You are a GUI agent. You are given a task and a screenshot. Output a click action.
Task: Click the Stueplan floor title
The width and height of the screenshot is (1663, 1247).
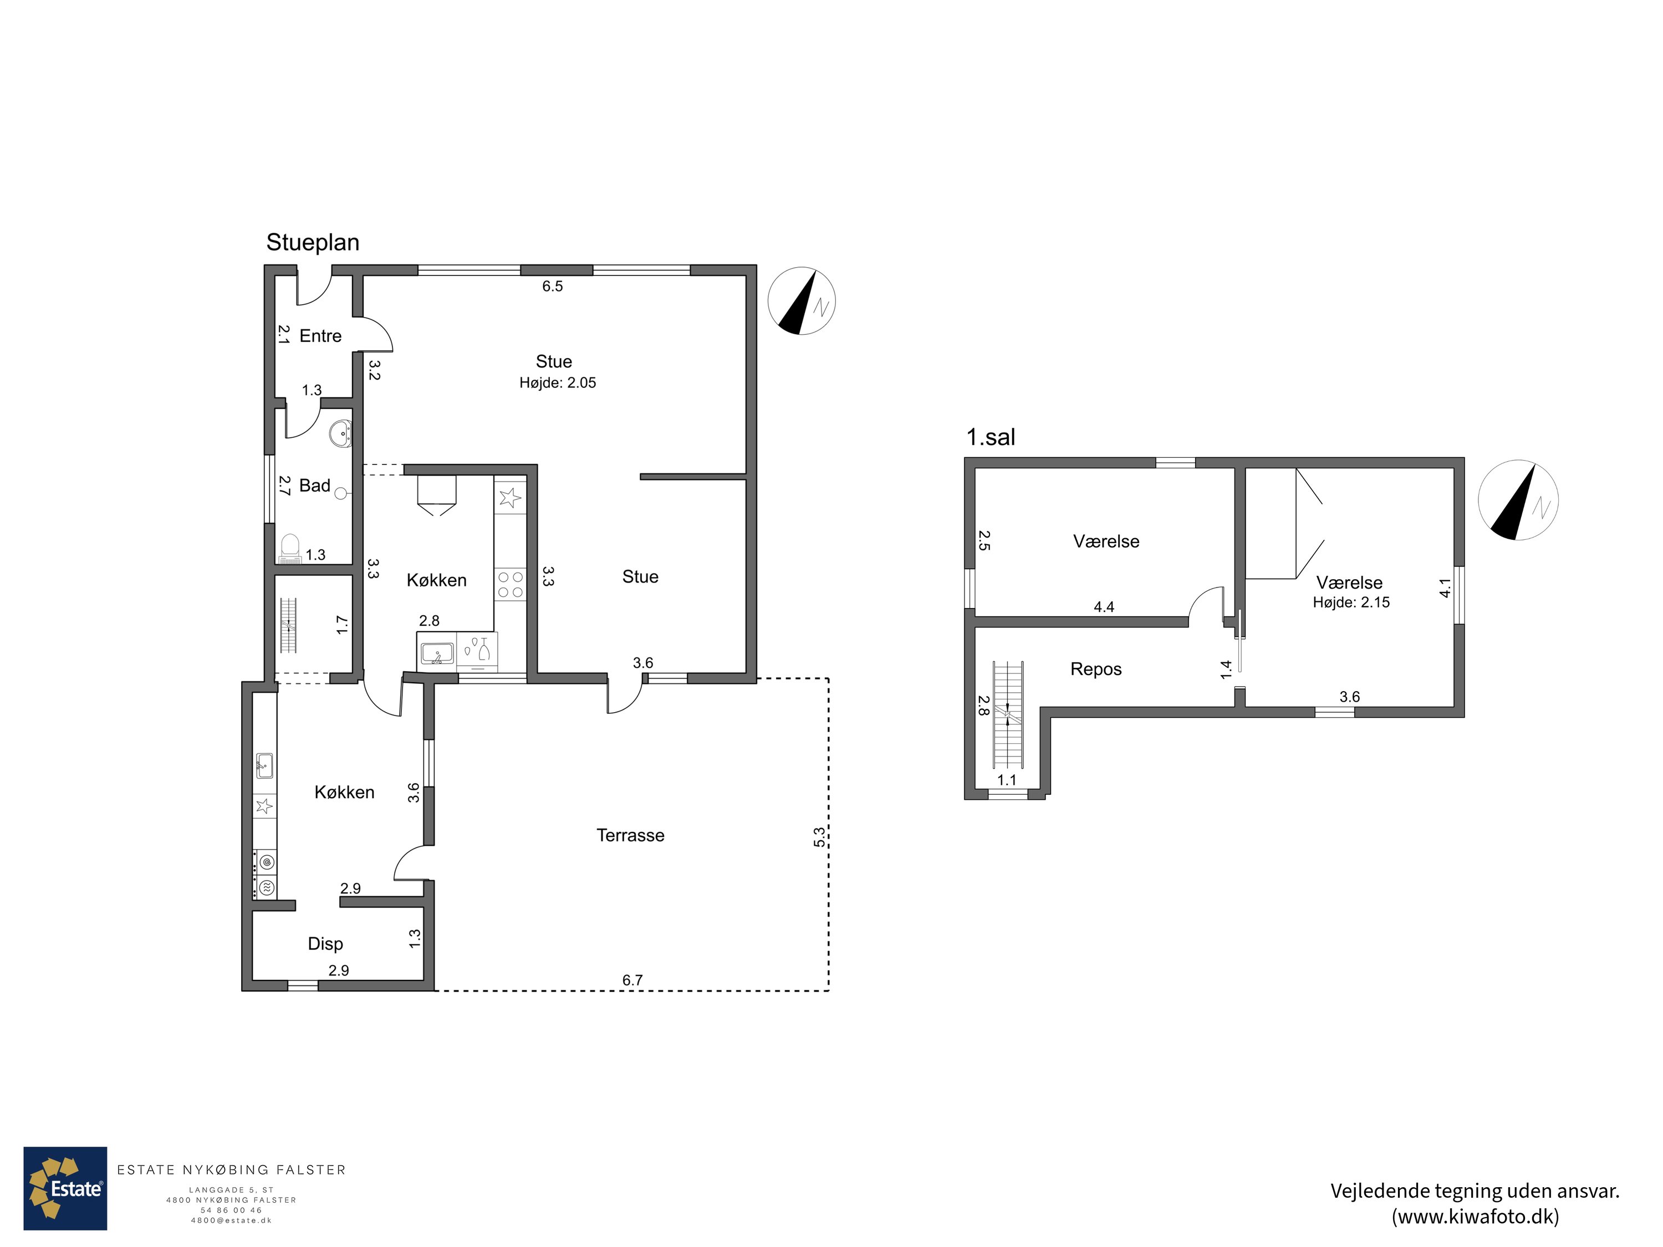(313, 243)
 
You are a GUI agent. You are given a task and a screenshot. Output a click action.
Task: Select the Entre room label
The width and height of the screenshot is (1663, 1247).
(320, 336)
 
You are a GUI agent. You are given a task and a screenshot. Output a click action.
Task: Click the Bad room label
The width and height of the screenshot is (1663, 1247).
(314, 485)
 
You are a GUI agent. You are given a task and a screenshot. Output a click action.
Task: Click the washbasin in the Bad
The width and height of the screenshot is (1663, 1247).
(342, 434)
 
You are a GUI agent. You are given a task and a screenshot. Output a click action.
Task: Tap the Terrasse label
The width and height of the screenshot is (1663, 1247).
(630, 835)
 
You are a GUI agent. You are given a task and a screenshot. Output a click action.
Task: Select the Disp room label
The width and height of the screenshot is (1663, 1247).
(325, 944)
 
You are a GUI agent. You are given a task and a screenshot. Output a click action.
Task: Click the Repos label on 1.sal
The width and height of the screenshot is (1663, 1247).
(1095, 669)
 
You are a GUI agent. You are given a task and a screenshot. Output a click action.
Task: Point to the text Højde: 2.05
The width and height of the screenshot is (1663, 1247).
(557, 382)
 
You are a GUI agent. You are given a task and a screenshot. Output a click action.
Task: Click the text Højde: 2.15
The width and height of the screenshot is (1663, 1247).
(1351, 602)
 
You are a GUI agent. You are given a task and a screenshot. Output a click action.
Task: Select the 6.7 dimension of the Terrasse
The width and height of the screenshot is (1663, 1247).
(632, 980)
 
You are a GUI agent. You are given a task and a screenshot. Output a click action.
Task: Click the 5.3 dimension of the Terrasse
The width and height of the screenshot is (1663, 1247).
(819, 836)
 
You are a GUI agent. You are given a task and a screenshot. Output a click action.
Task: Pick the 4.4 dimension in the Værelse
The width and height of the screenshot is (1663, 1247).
(1104, 606)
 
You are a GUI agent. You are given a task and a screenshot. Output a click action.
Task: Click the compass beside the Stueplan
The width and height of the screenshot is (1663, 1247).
(802, 300)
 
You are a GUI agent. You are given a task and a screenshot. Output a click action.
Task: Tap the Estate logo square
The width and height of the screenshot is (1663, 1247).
(65, 1188)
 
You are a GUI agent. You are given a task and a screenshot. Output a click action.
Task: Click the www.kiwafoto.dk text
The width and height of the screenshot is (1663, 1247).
(1475, 1216)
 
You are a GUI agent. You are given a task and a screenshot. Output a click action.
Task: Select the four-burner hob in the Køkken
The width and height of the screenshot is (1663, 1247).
(511, 584)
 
